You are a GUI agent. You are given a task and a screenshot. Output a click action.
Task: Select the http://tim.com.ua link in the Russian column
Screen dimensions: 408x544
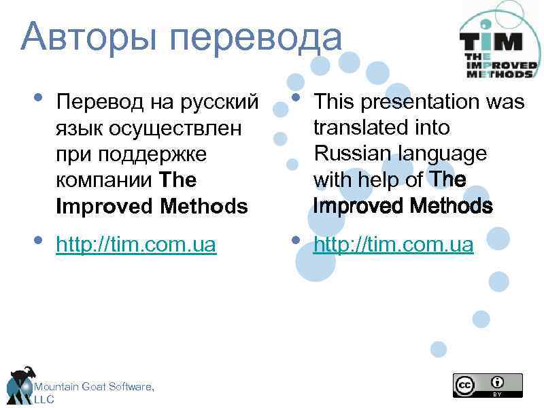point(136,245)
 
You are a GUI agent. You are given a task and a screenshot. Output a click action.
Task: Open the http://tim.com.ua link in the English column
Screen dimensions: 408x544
point(393,245)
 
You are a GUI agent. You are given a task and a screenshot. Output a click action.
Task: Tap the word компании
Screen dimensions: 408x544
point(105,180)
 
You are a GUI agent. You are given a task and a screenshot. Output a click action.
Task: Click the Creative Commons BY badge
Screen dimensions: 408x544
point(488,384)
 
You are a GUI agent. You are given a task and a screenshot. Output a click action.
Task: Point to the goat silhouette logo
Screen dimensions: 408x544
point(20,384)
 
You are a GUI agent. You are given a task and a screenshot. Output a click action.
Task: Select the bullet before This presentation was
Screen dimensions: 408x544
point(294,97)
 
